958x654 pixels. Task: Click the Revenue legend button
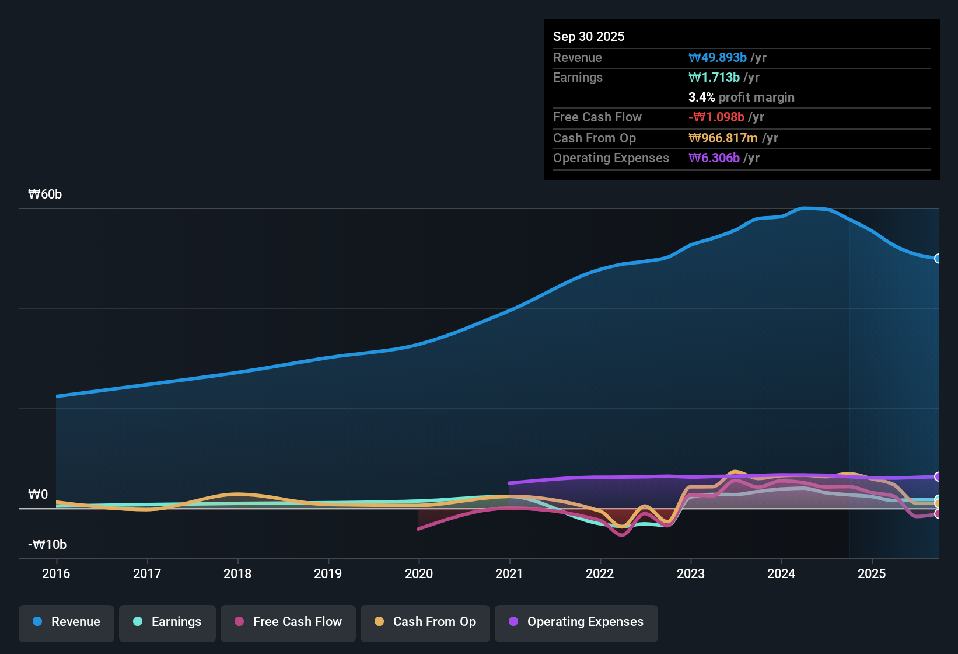(x=67, y=622)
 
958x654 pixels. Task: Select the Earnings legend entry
(x=167, y=622)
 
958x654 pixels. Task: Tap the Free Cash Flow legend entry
(x=288, y=622)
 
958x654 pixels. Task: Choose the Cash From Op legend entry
(x=425, y=622)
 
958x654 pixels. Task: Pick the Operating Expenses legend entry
(x=576, y=622)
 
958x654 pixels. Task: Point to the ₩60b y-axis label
(x=45, y=194)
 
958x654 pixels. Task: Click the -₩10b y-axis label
(x=47, y=545)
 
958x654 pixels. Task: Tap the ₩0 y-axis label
(x=38, y=495)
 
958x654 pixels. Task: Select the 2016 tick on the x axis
(x=56, y=573)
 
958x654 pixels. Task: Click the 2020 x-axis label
(x=419, y=573)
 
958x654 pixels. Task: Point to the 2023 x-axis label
(x=691, y=573)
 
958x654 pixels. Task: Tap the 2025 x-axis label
(x=872, y=573)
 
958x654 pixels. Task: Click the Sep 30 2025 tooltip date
(x=589, y=37)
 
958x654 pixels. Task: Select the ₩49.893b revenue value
(x=718, y=58)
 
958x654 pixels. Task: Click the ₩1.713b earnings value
(x=714, y=78)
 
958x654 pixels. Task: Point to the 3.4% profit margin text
(x=741, y=98)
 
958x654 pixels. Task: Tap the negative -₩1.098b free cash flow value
(x=716, y=117)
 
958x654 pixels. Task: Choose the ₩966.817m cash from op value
(x=723, y=138)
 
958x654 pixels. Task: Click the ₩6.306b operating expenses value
(x=714, y=158)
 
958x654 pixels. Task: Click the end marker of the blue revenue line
(x=938, y=259)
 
